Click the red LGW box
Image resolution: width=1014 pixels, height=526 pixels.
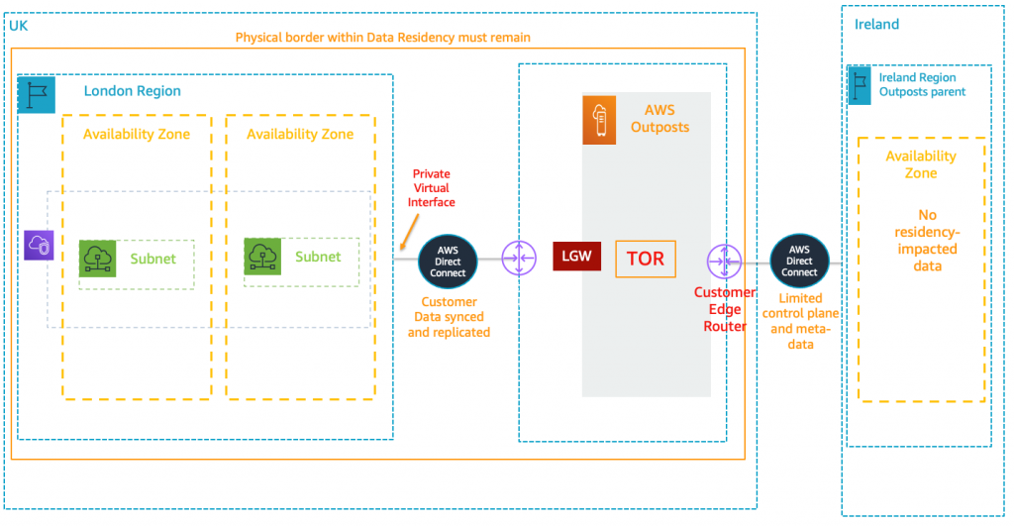point(576,257)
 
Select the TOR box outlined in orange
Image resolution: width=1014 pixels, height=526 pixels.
point(646,259)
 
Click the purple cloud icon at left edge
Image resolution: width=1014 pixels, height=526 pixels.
point(38,245)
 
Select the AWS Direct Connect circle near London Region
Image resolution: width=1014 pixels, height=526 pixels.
point(448,260)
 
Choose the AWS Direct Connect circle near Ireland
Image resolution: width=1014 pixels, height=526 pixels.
point(799,260)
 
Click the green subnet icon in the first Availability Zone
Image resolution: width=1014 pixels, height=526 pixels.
point(98,259)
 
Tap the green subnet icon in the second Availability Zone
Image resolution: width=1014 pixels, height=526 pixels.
point(263,258)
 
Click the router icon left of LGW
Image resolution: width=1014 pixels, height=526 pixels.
point(518,260)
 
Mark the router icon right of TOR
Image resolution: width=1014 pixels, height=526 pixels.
point(725,262)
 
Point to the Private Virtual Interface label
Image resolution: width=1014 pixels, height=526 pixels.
point(433,188)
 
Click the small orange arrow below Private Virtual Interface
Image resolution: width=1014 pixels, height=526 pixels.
point(406,235)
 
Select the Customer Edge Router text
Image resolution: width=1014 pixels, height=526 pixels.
point(724,309)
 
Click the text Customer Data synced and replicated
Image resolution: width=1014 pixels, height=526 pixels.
point(449,317)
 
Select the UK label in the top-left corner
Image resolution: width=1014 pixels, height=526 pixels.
point(18,24)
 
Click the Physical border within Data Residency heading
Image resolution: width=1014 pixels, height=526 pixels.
point(382,38)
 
